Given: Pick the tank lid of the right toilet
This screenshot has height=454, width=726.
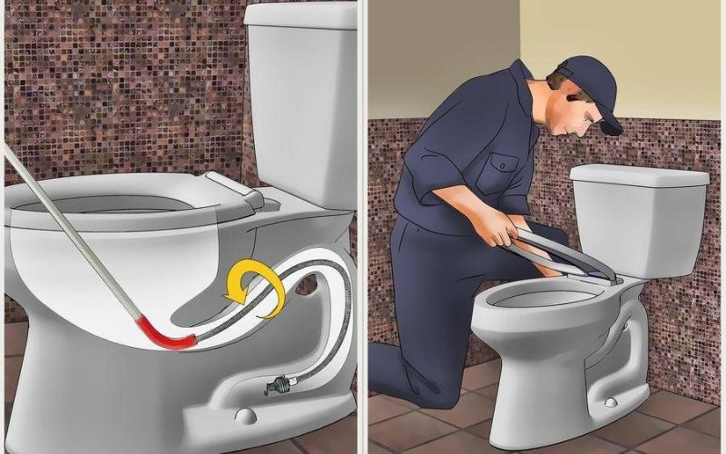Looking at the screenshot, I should click(x=639, y=175).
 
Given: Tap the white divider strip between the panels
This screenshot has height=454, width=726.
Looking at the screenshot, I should click(x=362, y=227).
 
